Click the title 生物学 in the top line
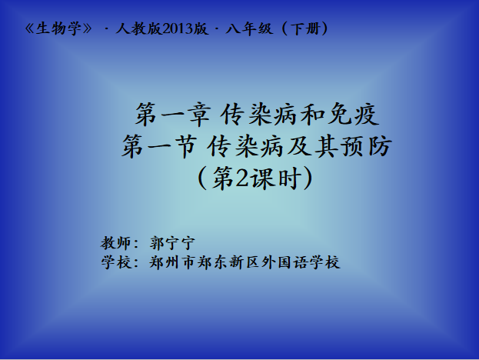pyautogui.click(x=58, y=29)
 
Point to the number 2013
pyautogui.click(x=178, y=29)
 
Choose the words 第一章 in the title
pyautogui.click(x=173, y=115)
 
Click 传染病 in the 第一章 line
pyautogui.click(x=258, y=115)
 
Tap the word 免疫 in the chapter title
pyautogui.click(x=354, y=115)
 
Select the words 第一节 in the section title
pyautogui.click(x=159, y=147)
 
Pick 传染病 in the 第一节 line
pyautogui.click(x=244, y=147)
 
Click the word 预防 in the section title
pyautogui.click(x=367, y=147)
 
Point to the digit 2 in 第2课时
pyautogui.click(x=242, y=178)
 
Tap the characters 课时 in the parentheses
pyautogui.click(x=274, y=178)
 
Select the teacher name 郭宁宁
pyautogui.click(x=172, y=243)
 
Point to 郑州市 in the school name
pyautogui.click(x=172, y=262)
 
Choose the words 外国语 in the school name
pyautogui.click(x=284, y=262)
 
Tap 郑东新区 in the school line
pyautogui.click(x=228, y=262)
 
